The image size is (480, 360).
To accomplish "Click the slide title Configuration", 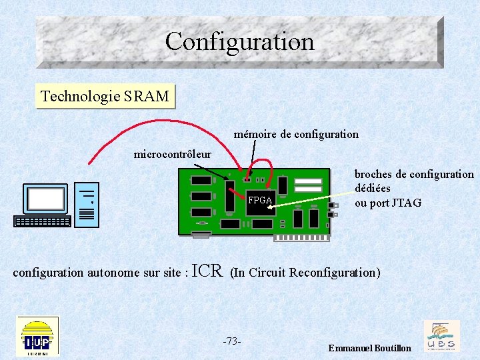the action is (239, 41).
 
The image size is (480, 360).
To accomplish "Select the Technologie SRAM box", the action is (105, 96).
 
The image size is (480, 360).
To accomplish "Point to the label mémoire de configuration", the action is (296, 134).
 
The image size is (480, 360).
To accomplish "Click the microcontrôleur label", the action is (172, 155).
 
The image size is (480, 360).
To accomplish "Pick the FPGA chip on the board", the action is (260, 200).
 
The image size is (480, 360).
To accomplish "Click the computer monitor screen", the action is (46, 199).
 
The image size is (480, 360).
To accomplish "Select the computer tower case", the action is (87, 205).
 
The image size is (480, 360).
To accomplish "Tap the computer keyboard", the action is (42, 221).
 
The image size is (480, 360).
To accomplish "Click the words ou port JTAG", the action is (387, 203).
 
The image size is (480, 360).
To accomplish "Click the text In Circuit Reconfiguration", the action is (305, 273).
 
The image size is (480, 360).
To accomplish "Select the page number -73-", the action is (231, 341).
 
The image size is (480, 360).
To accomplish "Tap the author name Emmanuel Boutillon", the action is (369, 349).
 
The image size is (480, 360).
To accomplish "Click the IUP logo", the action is (37, 335).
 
